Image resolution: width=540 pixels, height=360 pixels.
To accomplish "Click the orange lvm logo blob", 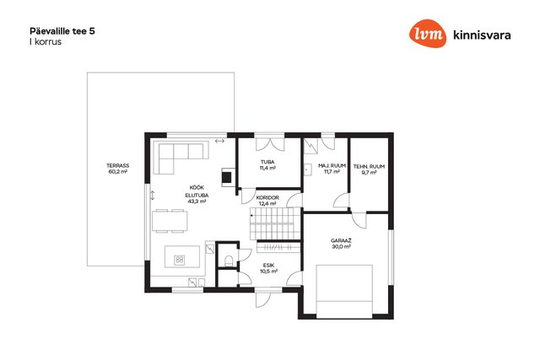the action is click(x=428, y=34).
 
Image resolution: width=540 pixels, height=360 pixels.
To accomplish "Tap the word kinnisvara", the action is click(x=482, y=35).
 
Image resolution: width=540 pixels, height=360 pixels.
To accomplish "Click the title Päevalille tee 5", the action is click(x=62, y=31).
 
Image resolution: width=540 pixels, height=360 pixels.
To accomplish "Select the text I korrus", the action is click(x=46, y=41).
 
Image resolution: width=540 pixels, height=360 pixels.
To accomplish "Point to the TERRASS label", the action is click(x=118, y=165).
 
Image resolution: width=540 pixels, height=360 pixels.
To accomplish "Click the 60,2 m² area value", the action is click(x=118, y=172).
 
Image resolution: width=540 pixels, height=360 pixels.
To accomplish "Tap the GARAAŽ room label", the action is click(x=341, y=240).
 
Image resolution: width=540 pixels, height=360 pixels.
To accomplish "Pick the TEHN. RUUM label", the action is click(x=369, y=167).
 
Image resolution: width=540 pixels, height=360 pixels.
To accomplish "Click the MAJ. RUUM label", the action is click(x=332, y=165).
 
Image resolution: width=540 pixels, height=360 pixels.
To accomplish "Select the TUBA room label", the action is click(x=267, y=162).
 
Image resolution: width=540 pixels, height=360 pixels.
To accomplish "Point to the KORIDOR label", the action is click(x=267, y=198).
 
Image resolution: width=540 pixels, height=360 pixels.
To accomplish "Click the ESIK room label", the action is click(x=268, y=266).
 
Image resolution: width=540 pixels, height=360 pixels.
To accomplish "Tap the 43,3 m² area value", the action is click(x=197, y=201).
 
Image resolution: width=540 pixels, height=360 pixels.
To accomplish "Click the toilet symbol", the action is click(x=229, y=261).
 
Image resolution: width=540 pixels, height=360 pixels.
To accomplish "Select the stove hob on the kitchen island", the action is click(x=180, y=260).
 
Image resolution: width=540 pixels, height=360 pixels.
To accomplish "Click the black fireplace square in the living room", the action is click(x=227, y=177).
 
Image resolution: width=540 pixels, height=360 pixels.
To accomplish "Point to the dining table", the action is click(x=170, y=221).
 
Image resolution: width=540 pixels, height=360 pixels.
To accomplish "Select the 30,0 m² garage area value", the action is click(x=341, y=247).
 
